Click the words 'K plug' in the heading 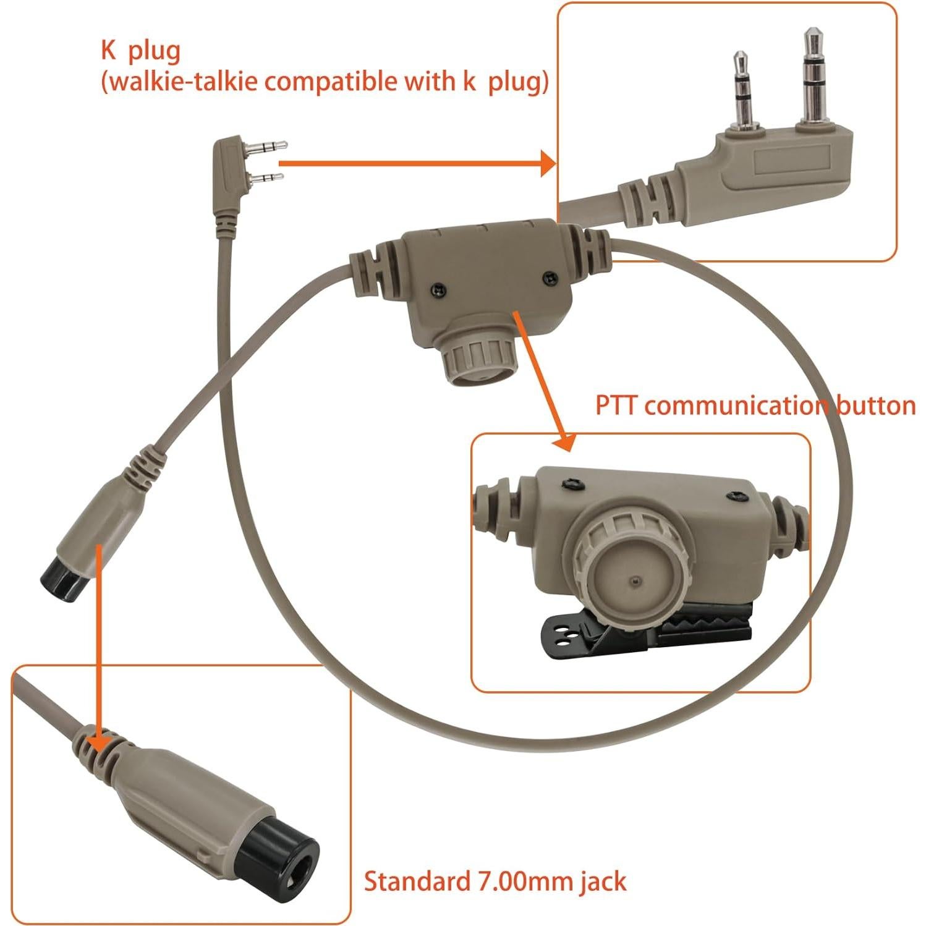click(x=140, y=51)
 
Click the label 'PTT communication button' click(x=755, y=406)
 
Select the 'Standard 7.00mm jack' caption click(x=495, y=881)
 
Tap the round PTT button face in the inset click(x=630, y=577)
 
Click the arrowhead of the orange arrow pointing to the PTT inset click(x=565, y=440)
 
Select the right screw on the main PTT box click(x=547, y=276)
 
